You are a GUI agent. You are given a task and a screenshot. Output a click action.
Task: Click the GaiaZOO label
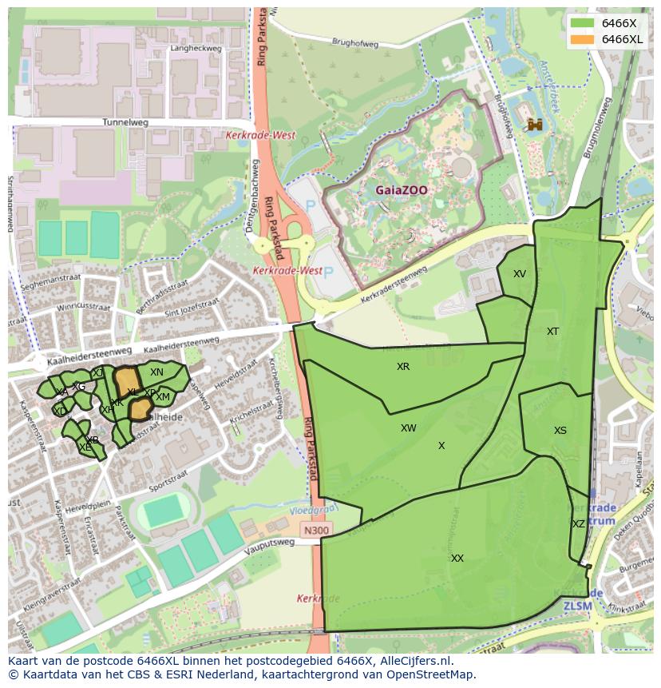402,190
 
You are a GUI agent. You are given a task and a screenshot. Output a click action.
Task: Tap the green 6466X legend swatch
582,23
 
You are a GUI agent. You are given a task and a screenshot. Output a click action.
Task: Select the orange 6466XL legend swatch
582,39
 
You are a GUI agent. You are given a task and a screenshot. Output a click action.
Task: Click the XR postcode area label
403,367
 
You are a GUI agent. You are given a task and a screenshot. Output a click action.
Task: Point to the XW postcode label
409,428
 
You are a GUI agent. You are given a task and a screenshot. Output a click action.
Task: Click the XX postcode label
457,559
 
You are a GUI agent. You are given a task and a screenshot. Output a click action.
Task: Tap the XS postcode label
560,431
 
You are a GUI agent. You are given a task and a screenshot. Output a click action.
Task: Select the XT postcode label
552,332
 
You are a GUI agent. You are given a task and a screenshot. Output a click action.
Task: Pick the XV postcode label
520,274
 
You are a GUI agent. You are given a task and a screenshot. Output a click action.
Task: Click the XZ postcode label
579,524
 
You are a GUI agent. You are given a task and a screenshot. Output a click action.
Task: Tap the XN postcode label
156,372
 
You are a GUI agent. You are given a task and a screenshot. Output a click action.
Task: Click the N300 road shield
315,530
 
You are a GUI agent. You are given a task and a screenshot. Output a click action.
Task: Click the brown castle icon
535,124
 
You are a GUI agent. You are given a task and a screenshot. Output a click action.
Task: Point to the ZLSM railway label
578,606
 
